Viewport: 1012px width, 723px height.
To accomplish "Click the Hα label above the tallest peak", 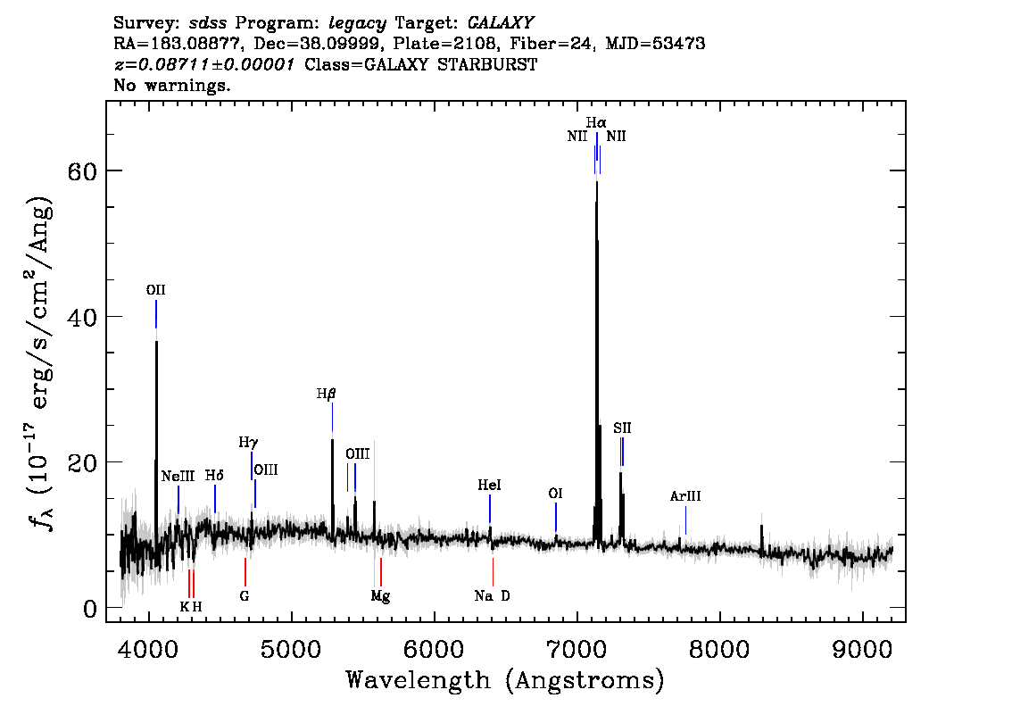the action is point(596,122).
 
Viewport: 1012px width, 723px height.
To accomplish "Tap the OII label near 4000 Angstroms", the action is point(155,290).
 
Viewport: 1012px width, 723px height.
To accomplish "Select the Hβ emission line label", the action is point(327,394).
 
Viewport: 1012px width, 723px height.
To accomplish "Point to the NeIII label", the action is point(178,477).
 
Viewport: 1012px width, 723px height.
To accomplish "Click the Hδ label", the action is point(214,476).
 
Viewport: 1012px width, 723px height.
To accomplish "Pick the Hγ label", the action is point(248,442).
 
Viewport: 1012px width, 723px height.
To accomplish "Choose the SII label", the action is point(622,428).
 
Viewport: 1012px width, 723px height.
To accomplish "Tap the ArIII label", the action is point(684,496).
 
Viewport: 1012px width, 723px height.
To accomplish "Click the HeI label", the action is point(489,485).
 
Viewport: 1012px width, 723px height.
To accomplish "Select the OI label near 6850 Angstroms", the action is point(555,494).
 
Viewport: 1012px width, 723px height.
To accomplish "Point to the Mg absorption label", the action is point(380,596).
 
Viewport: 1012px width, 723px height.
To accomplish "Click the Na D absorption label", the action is point(492,596).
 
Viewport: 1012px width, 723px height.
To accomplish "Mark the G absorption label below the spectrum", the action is point(244,596).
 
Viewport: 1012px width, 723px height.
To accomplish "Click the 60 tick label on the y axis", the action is point(82,171).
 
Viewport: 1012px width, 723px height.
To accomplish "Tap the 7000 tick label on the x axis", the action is point(576,650).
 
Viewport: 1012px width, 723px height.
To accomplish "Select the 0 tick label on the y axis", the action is point(90,608).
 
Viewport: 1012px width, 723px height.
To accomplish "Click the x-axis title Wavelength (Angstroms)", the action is point(505,680).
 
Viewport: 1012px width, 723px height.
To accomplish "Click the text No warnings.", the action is point(171,85).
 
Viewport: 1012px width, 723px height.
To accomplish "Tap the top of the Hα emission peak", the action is point(597,181).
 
